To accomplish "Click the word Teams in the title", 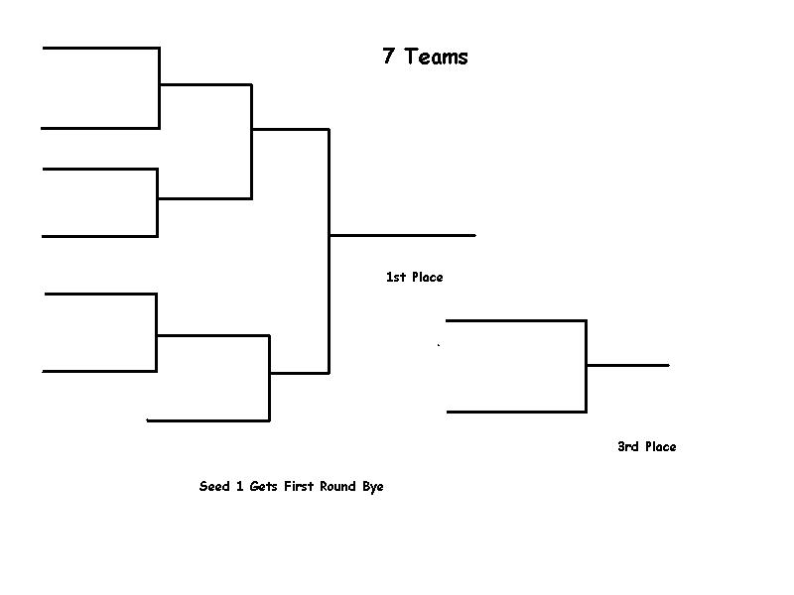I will coord(436,57).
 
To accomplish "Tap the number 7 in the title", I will coord(389,57).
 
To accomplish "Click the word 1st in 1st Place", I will coord(396,278).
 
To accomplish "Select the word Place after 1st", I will coord(428,278).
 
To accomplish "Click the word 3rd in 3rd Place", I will coord(628,447).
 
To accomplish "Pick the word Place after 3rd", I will coord(661,447).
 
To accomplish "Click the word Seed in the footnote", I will coord(214,487).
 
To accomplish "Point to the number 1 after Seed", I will coord(240,487).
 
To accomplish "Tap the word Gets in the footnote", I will coord(265,487).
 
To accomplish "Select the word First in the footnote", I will coord(300,487).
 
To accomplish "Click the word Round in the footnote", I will coord(338,487).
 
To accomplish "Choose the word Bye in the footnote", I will coord(372,487).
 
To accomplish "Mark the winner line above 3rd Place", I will coord(627,365).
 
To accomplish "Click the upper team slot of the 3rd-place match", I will coord(516,320).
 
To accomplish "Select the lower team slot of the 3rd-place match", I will coord(516,412).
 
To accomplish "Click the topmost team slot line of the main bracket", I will coord(100,47).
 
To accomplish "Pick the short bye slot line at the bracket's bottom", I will coord(208,420).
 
